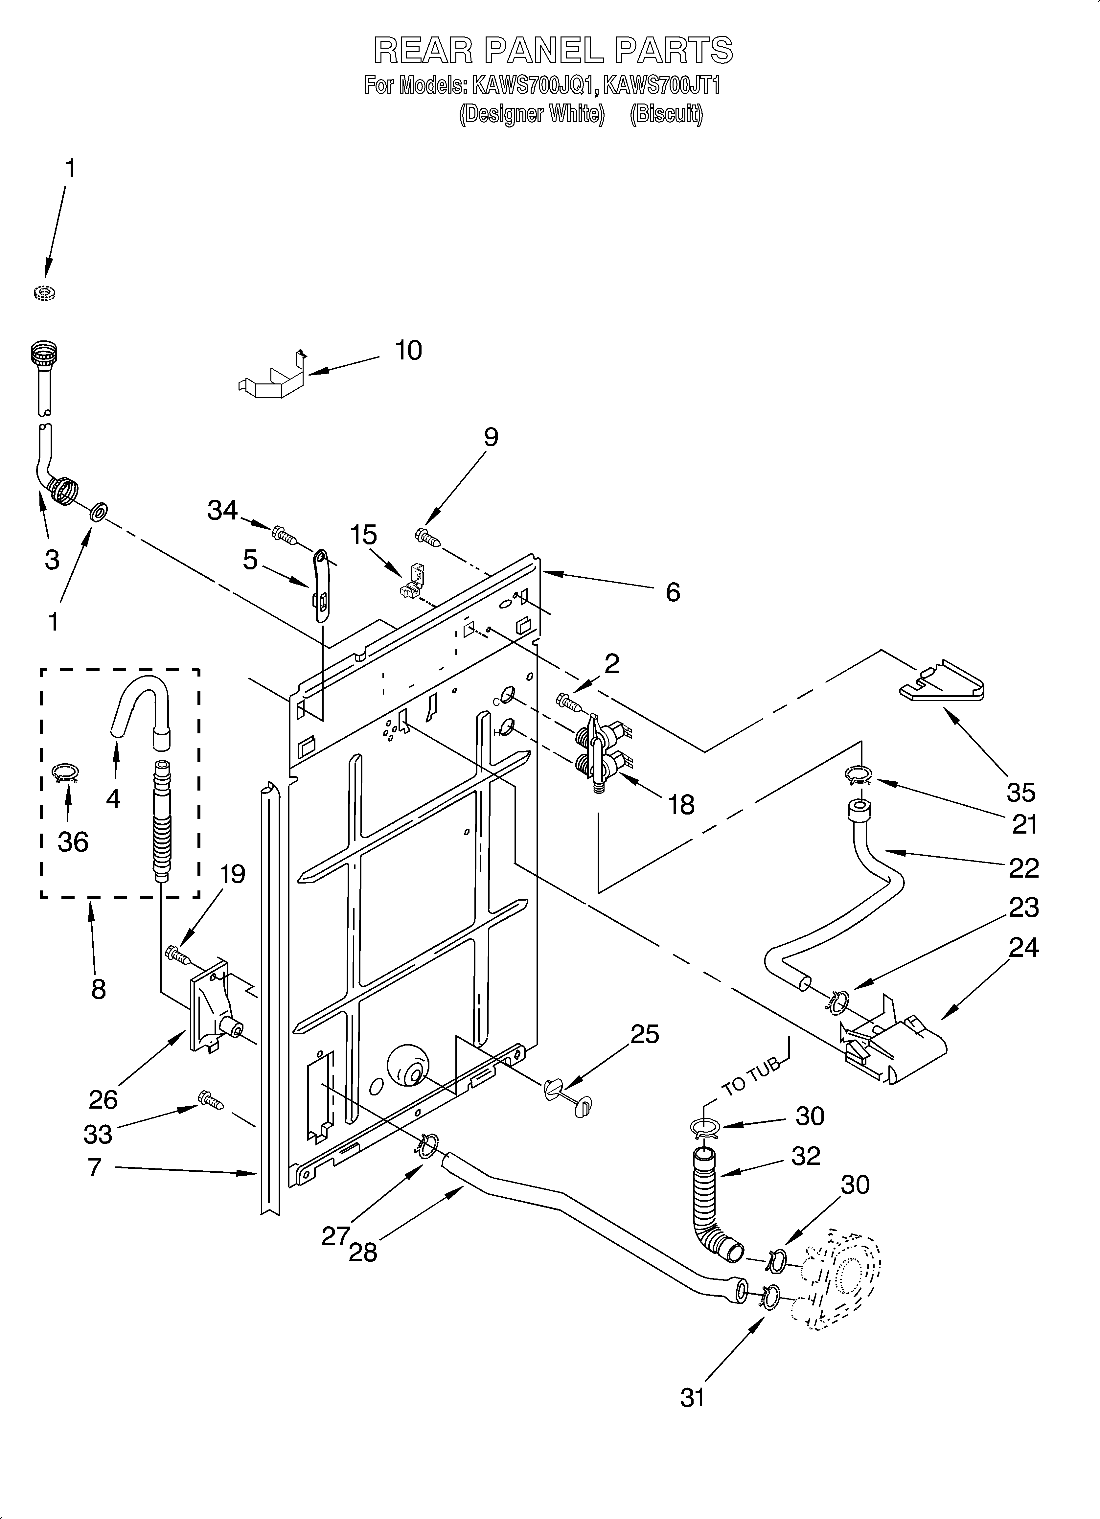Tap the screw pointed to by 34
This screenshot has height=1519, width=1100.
[284, 535]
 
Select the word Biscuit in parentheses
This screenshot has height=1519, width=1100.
[666, 115]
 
